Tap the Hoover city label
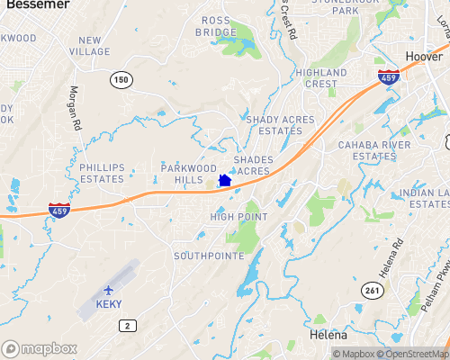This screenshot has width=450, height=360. click(424, 56)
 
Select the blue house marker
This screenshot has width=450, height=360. click(225, 181)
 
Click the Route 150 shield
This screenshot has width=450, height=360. click(121, 81)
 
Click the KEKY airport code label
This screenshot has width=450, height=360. click(109, 304)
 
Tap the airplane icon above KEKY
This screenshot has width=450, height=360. click(110, 290)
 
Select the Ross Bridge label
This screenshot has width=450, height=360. click(216, 26)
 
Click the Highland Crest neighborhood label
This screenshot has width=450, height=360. click(321, 78)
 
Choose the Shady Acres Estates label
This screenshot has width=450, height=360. click(274, 124)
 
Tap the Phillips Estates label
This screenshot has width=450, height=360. click(102, 173)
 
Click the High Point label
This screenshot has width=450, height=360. click(239, 217)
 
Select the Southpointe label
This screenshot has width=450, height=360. click(208, 256)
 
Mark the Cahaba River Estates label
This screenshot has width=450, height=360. click(367, 150)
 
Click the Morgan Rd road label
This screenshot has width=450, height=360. click(76, 106)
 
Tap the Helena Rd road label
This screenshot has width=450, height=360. click(397, 257)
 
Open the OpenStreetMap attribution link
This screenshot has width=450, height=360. click(412, 354)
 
